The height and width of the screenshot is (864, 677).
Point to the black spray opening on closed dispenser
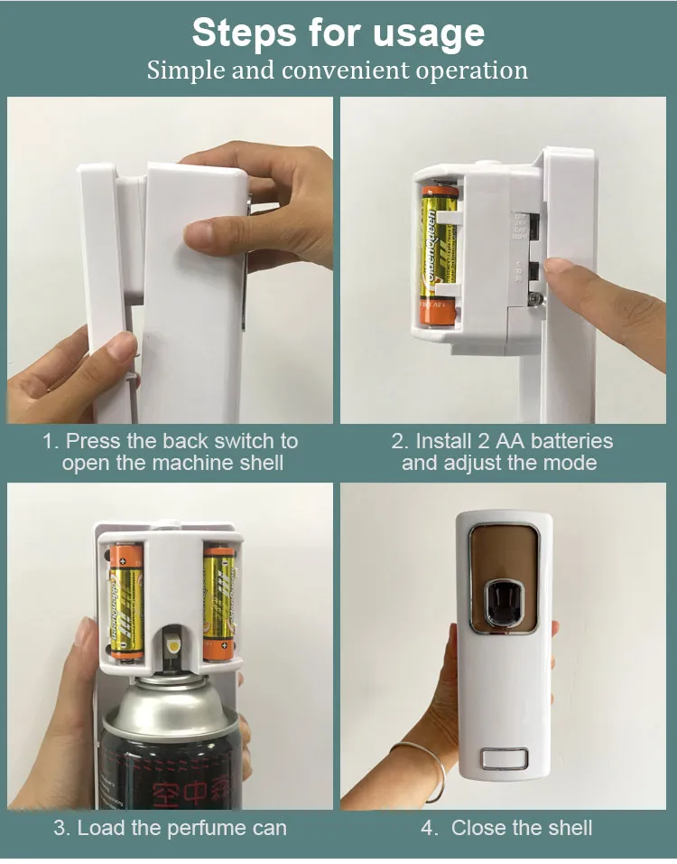click(498, 598)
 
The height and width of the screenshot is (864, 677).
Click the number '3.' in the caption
click(61, 828)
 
